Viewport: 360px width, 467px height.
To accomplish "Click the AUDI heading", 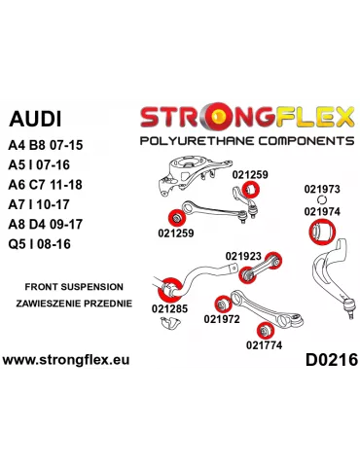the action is tap(34, 121).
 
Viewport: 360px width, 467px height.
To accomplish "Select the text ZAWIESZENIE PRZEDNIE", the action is tap(69, 305).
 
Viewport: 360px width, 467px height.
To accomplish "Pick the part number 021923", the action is tap(243, 256).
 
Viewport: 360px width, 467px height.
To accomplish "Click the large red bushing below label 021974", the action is tap(321, 232).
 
